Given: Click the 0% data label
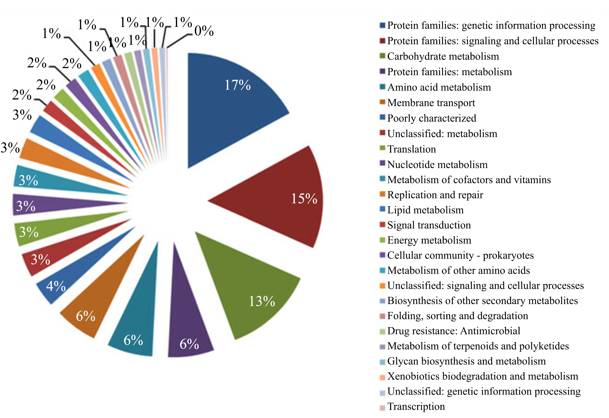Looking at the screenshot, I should click(204, 31).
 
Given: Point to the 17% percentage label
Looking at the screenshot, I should click(237, 85).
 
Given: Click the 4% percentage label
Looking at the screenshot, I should click(56, 286).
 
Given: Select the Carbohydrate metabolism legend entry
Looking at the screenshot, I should click(443, 56).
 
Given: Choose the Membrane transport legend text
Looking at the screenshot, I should click(431, 103).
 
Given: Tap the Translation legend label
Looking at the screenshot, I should click(411, 149).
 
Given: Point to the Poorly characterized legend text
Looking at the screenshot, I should click(432, 118).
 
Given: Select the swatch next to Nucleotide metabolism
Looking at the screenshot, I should click(382, 164).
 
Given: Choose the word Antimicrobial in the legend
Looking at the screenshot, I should click(490, 331).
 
